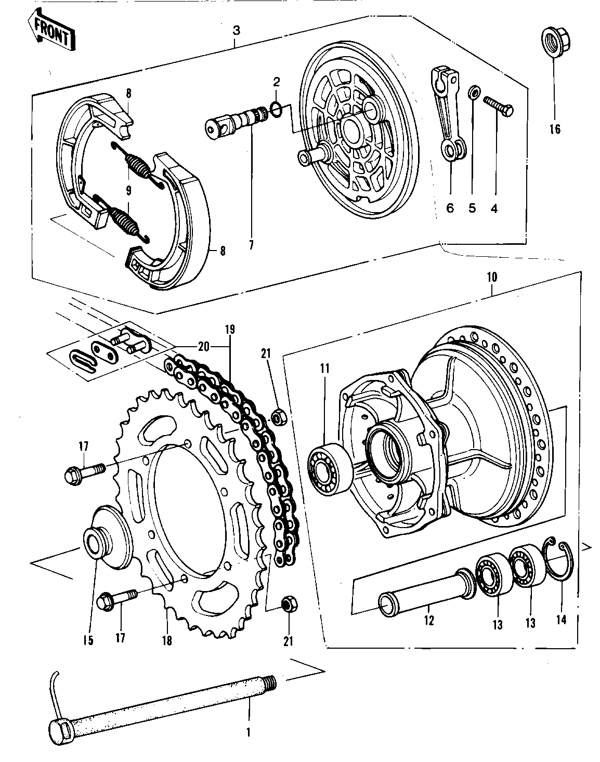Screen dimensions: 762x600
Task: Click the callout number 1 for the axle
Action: [x=248, y=732]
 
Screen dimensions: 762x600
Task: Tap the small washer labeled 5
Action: [x=474, y=93]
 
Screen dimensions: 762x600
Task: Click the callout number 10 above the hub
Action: [x=492, y=277]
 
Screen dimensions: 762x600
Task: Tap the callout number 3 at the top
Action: [x=236, y=30]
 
